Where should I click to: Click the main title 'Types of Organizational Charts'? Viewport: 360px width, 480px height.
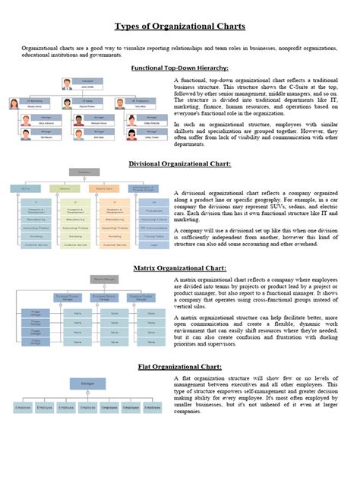tap(180, 27)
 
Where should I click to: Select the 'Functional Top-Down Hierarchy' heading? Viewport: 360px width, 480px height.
tap(180, 68)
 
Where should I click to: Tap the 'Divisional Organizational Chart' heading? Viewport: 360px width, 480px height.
tap(180, 163)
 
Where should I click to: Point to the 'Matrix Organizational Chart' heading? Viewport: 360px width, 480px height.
tap(180, 268)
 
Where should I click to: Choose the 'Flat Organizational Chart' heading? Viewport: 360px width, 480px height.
tap(180, 367)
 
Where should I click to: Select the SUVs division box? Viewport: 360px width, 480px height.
tap(27, 188)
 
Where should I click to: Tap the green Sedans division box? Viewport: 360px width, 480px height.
tap(65, 188)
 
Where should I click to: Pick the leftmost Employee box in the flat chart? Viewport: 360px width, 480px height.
tap(23, 408)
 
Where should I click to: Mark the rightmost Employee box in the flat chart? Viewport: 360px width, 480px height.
tap(153, 408)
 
